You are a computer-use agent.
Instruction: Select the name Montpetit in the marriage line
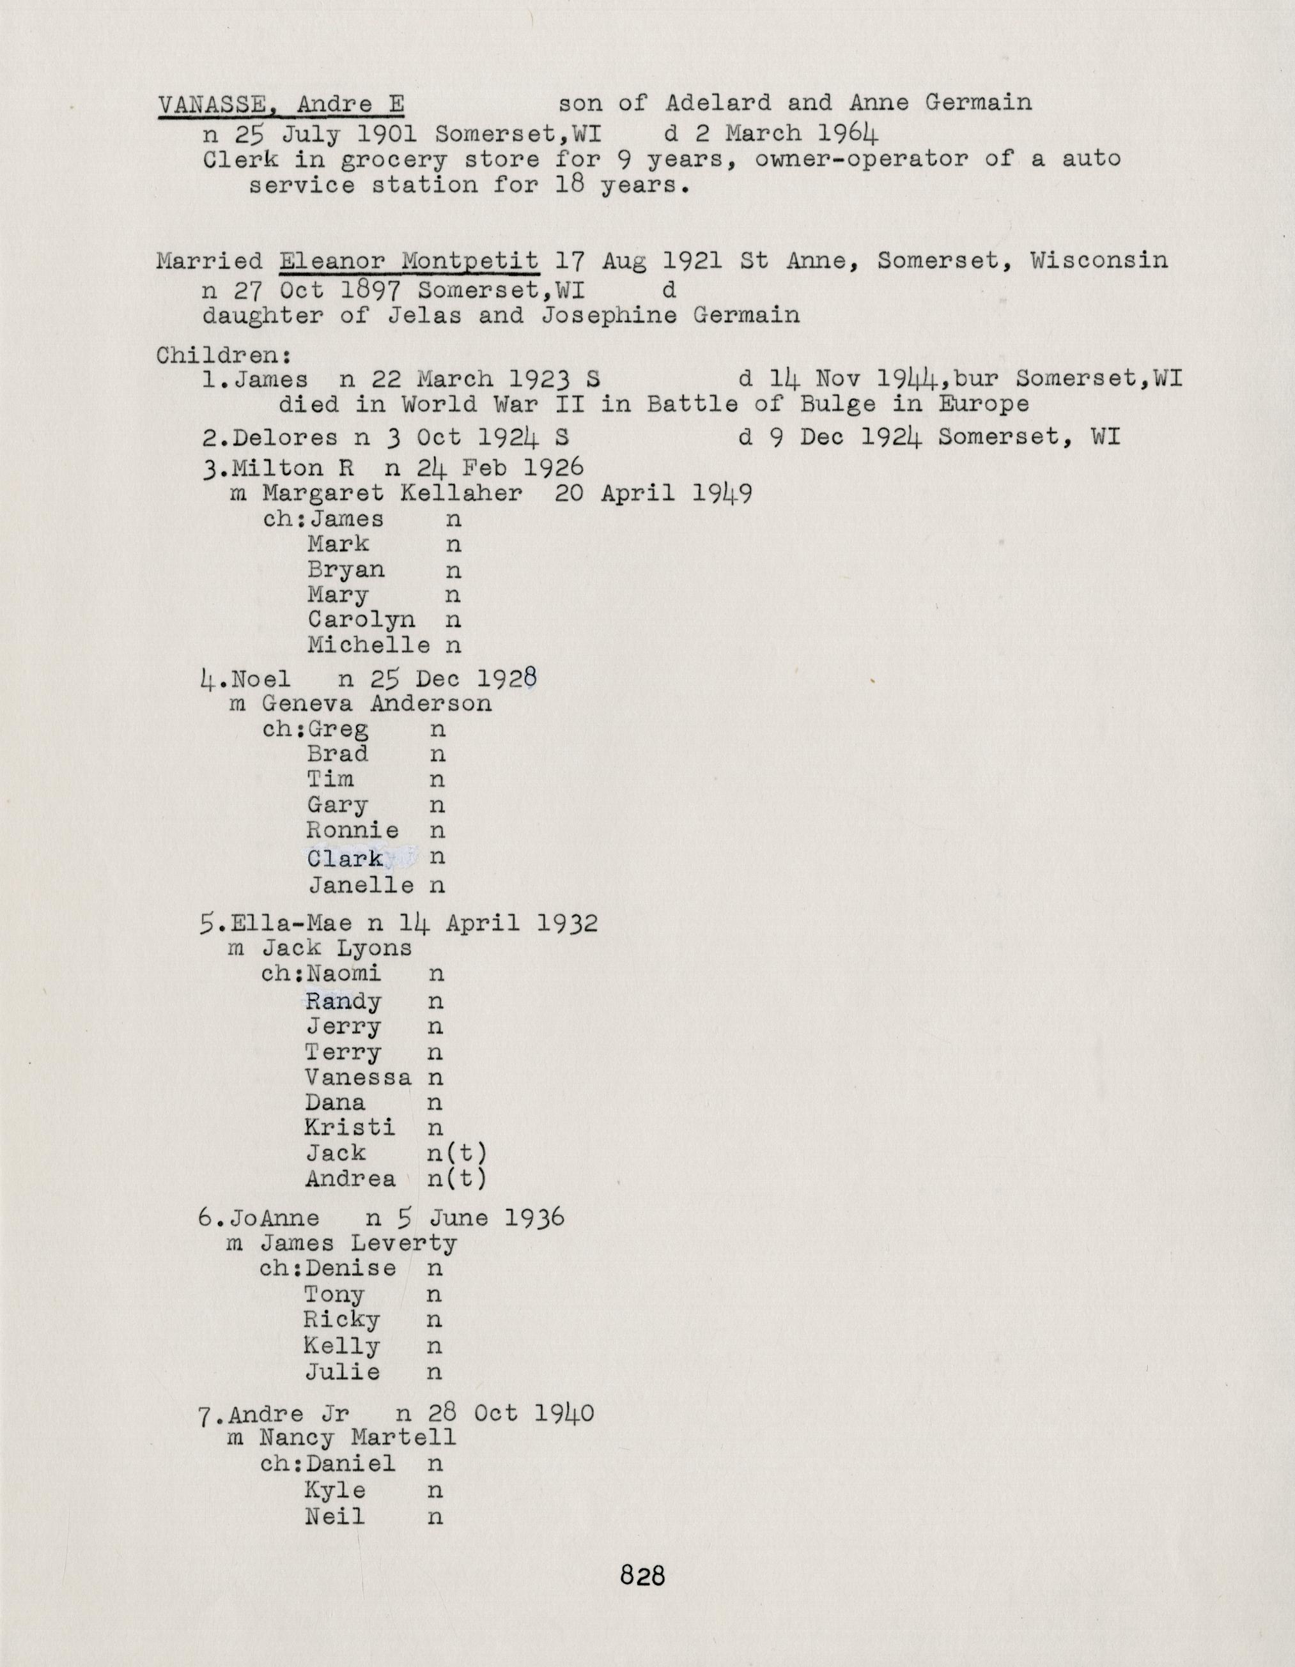(470, 261)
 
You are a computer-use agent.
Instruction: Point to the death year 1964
(848, 134)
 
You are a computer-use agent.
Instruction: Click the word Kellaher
(461, 494)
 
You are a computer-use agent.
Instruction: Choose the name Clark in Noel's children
(345, 859)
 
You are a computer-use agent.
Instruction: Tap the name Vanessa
(358, 1078)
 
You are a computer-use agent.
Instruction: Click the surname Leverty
(404, 1243)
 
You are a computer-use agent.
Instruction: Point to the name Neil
(334, 1516)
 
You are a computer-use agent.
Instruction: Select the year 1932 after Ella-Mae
(566, 923)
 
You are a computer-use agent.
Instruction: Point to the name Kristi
(350, 1127)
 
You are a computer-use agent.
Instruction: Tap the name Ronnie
(353, 831)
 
